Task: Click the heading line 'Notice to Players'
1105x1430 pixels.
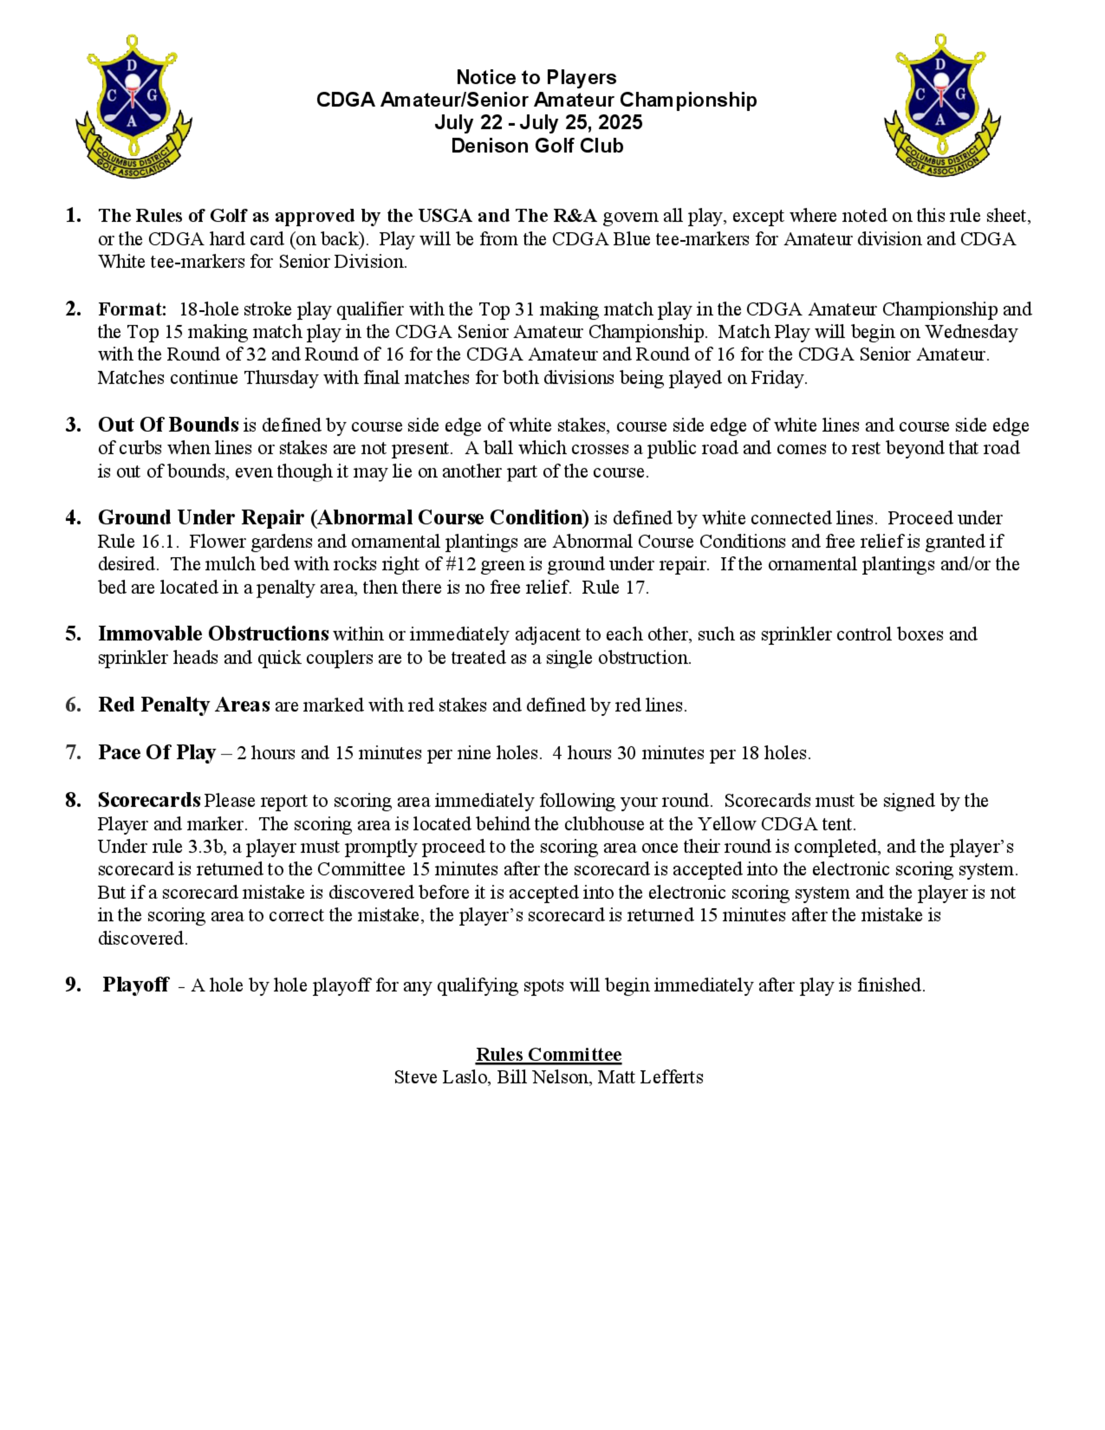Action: tap(536, 77)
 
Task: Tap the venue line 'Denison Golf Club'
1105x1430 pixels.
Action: tap(537, 145)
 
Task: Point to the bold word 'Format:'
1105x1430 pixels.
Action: tap(132, 309)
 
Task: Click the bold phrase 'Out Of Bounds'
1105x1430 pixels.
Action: tap(169, 425)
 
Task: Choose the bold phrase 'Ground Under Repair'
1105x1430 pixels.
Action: tap(201, 518)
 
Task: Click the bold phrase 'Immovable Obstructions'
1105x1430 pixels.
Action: tap(213, 634)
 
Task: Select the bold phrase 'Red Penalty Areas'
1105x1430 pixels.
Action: tap(184, 705)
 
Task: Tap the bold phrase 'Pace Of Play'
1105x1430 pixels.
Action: tap(157, 753)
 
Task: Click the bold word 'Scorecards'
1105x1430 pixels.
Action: tap(149, 800)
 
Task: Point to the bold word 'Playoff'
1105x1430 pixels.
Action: tap(135, 985)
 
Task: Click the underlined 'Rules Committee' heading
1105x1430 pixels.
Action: tap(549, 1054)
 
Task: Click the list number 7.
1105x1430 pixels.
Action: tap(73, 753)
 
